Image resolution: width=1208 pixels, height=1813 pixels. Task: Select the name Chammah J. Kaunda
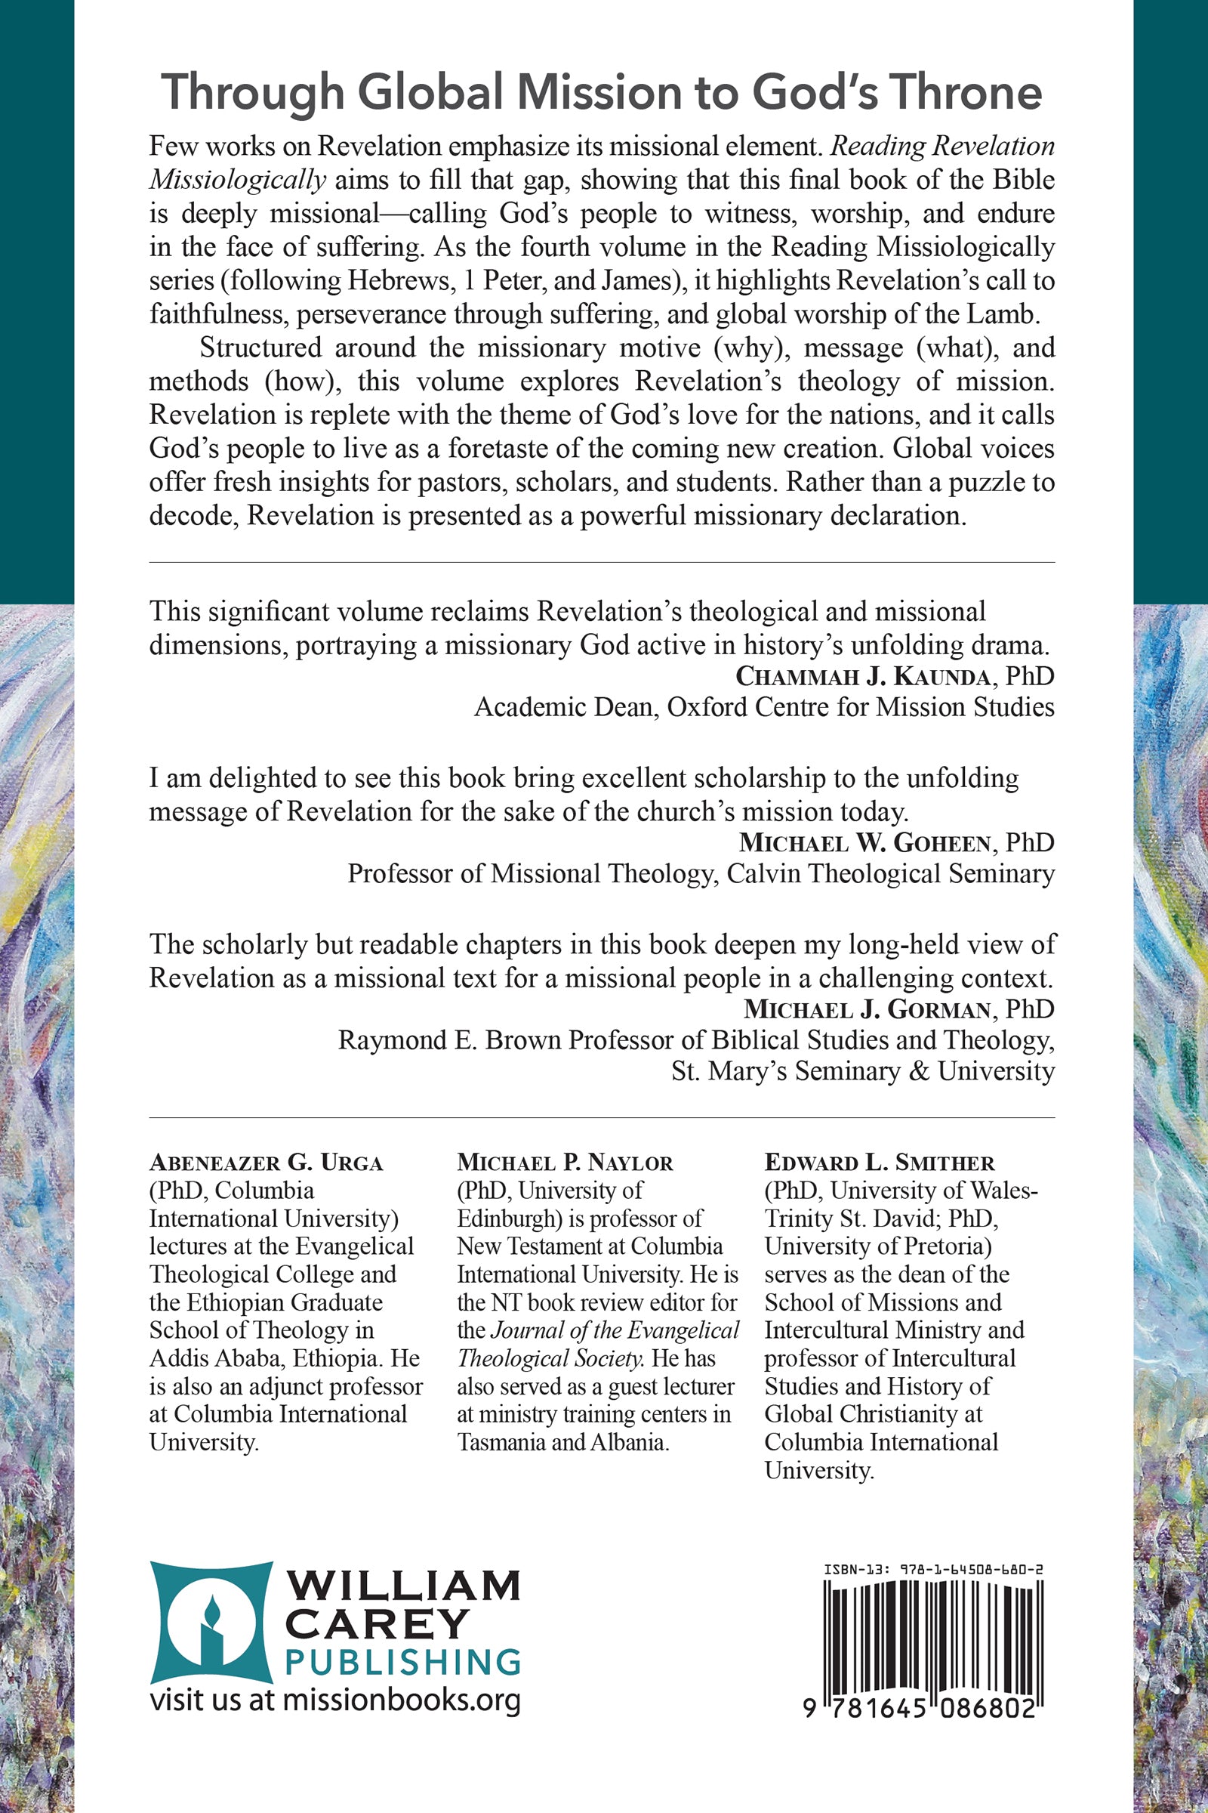[863, 676]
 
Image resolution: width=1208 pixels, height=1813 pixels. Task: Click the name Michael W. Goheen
[864, 842]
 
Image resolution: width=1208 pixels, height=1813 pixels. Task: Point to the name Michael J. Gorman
[867, 1009]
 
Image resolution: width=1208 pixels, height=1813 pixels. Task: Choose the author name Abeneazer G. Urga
[266, 1163]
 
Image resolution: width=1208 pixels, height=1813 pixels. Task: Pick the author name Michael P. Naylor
[565, 1163]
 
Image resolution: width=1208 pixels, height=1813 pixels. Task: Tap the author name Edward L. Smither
[879, 1163]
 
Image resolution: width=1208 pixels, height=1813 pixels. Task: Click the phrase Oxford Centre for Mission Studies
[861, 707]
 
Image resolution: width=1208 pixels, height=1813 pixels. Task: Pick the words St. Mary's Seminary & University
[862, 1070]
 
